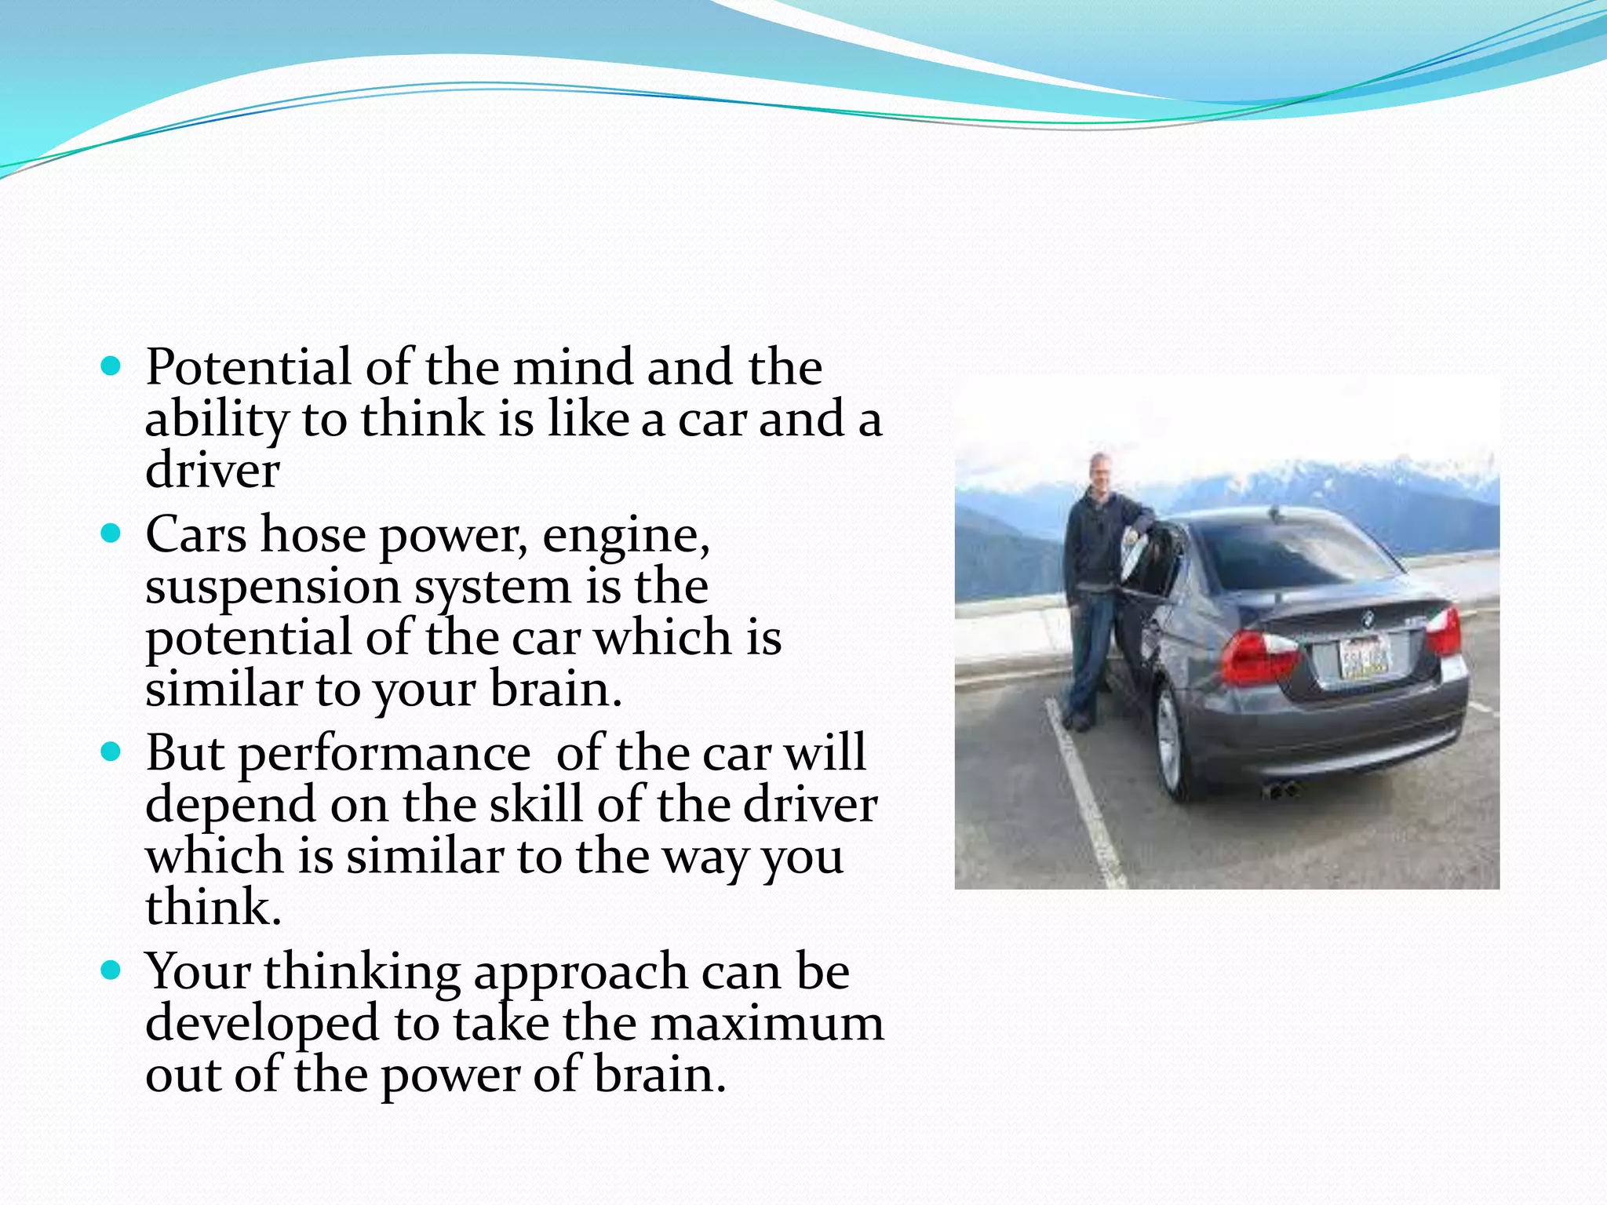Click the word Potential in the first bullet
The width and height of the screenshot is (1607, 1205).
(248, 367)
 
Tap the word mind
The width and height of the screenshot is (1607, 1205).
(573, 367)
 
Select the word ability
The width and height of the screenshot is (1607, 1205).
(217, 420)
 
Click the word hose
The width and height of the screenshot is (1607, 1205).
(313, 535)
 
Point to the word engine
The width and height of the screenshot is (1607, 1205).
(625, 537)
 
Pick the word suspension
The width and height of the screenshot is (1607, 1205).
(272, 588)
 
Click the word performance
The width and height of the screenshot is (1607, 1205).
(384, 755)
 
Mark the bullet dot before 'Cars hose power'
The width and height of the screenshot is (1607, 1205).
(111, 534)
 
